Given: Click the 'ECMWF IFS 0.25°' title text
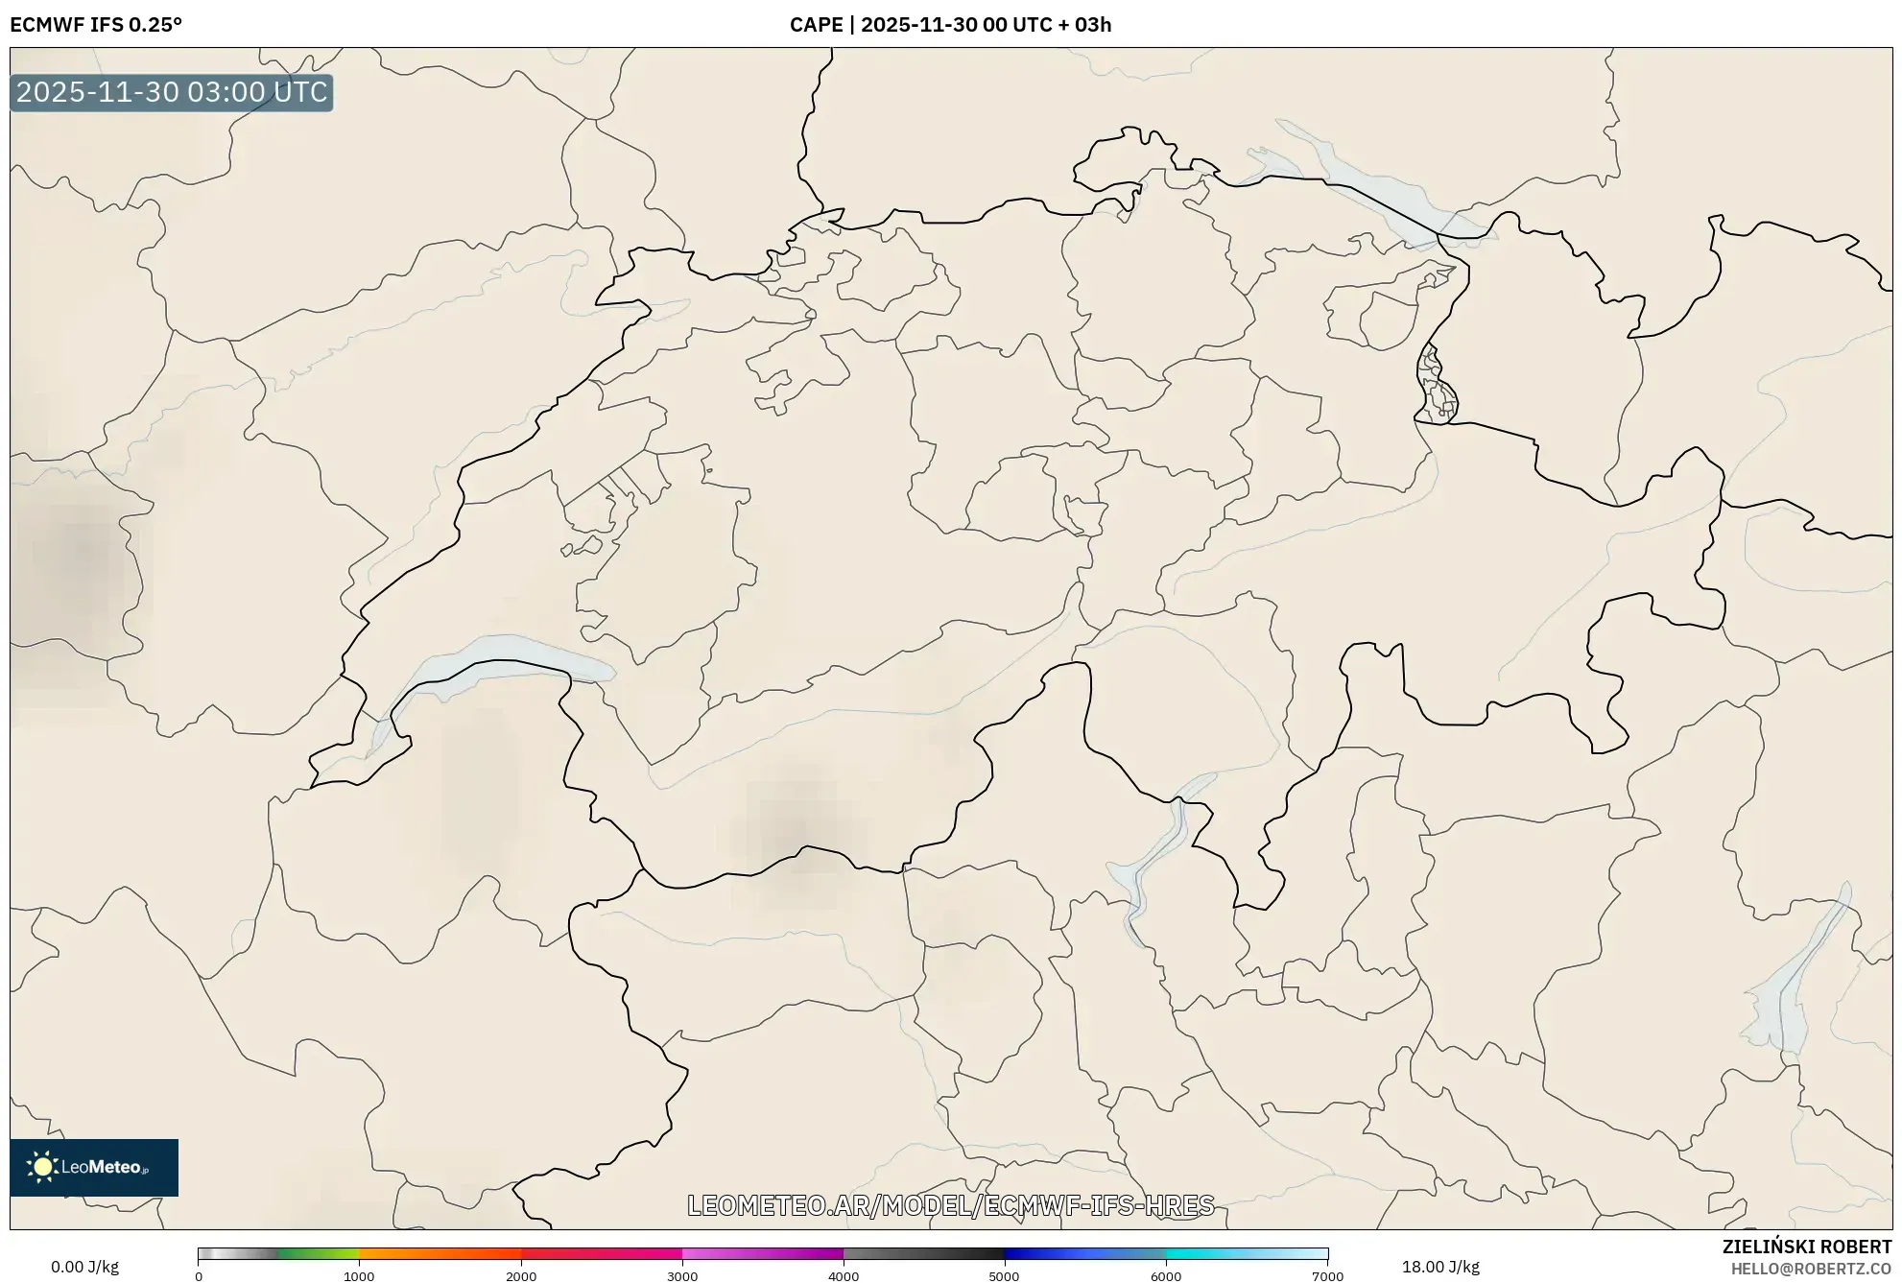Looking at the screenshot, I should click(x=96, y=25).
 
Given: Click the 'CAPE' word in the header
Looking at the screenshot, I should click(x=816, y=25).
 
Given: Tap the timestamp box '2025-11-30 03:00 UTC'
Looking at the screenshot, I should click(x=172, y=92).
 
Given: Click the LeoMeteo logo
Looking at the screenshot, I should click(x=94, y=1167).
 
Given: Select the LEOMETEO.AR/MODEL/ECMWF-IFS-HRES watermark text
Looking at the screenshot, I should click(x=950, y=1205).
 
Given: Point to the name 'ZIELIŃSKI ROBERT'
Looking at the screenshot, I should click(x=1807, y=1247).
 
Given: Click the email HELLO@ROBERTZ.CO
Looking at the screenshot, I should click(x=1811, y=1269).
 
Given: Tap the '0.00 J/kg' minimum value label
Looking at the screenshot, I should click(x=84, y=1267).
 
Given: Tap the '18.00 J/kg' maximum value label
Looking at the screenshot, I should click(x=1439, y=1267).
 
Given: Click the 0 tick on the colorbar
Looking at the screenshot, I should click(x=199, y=1275).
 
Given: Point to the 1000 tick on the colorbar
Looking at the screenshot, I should click(x=359, y=1275).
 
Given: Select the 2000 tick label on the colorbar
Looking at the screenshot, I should click(x=521, y=1275).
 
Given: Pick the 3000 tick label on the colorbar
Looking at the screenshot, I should click(x=682, y=1275).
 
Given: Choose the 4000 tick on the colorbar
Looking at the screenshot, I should click(x=844, y=1275).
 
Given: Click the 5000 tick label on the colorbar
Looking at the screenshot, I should click(x=1004, y=1275).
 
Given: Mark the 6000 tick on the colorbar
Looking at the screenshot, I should click(x=1166, y=1275).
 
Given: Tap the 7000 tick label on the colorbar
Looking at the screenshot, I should click(x=1327, y=1275).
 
